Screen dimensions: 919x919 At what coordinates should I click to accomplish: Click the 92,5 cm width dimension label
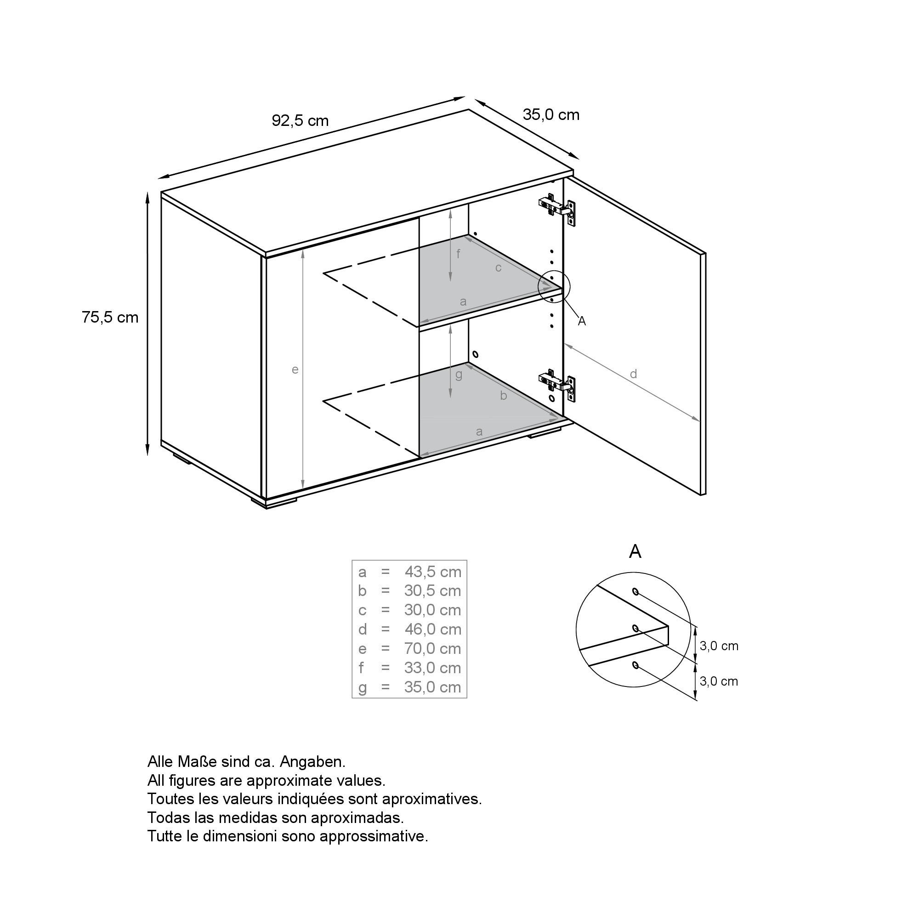coord(300,121)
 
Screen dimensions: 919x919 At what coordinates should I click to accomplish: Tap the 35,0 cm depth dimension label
coord(551,114)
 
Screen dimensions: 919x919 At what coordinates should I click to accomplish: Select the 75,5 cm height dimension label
coord(110,317)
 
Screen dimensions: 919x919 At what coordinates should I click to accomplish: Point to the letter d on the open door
coord(633,374)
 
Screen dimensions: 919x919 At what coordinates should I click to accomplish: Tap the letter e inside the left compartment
coord(295,369)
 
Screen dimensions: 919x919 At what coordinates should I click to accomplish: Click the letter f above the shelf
coord(458,254)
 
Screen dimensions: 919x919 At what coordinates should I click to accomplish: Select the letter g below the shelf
coord(459,374)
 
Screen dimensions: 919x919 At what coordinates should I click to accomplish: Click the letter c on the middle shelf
coord(498,268)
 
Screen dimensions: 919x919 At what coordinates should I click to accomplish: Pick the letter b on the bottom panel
coord(503,395)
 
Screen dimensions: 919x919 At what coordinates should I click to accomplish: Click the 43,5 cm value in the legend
coord(433,572)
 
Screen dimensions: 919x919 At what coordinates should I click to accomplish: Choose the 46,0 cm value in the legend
coord(433,630)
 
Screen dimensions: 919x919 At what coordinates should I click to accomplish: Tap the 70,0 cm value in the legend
coord(433,649)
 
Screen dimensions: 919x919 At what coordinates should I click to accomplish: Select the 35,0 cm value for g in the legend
coord(433,687)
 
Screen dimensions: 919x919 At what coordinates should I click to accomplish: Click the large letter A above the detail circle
coord(635,552)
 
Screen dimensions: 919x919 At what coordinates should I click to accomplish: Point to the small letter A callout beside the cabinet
coord(581,322)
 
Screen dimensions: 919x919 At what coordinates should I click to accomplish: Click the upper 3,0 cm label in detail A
coord(719,646)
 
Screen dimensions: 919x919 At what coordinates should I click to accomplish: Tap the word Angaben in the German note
coord(312,761)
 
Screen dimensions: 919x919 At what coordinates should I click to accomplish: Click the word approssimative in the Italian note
coord(374,836)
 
